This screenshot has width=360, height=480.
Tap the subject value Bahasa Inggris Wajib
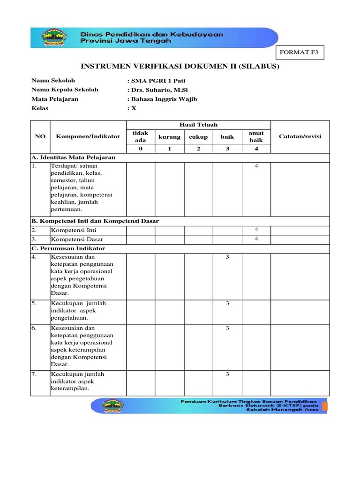(164, 99)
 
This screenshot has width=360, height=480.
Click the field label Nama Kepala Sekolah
(65, 90)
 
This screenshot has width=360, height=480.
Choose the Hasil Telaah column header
(198, 125)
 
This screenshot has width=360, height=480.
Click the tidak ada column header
(141, 136)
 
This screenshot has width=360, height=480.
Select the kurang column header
(169, 136)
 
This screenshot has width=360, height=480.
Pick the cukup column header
(198, 136)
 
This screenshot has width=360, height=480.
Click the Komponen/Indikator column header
(88, 136)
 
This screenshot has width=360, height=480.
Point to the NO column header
(40, 136)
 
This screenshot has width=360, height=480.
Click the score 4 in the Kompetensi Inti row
(256, 230)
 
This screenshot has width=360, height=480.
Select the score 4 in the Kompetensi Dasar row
(256, 239)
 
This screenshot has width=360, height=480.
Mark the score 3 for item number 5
(227, 304)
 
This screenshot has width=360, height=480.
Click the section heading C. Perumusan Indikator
(68, 248)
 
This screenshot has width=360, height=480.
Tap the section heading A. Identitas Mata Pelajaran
(73, 157)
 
